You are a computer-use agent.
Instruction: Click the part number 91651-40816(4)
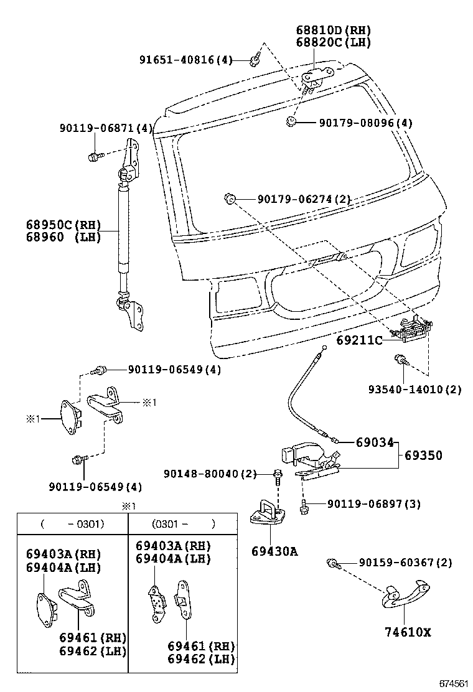(x=185, y=60)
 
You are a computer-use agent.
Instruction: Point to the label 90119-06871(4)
(x=106, y=128)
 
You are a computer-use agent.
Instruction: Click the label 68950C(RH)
(x=63, y=225)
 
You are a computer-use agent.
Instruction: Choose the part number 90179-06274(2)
(x=304, y=200)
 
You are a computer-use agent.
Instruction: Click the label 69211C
(x=359, y=340)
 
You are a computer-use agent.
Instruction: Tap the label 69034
(x=375, y=442)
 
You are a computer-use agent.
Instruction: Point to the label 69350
(x=423, y=456)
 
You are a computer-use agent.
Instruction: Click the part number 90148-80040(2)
(x=210, y=474)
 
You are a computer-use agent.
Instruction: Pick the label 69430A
(x=274, y=551)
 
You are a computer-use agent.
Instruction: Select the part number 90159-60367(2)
(x=405, y=563)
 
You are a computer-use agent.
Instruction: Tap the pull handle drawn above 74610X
(x=403, y=596)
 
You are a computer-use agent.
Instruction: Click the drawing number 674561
(x=453, y=683)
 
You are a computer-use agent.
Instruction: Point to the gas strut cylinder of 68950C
(x=122, y=230)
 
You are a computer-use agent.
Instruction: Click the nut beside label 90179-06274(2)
(x=228, y=199)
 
